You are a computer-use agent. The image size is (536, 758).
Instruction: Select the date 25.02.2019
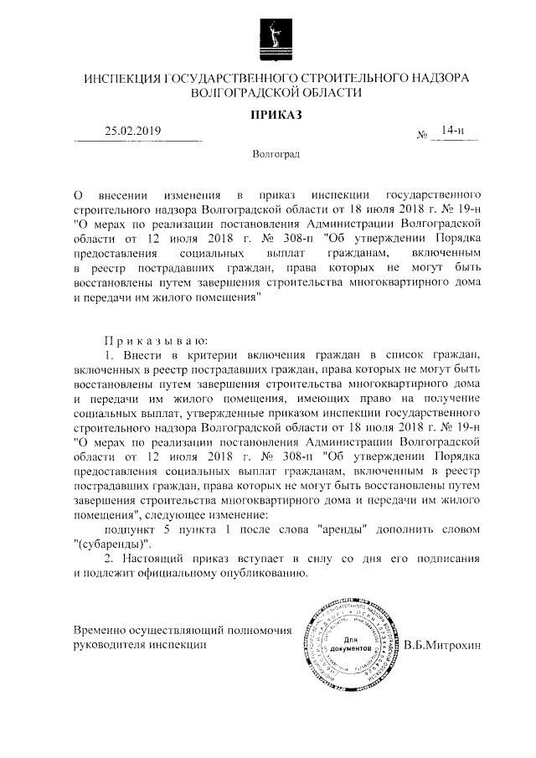(x=132, y=131)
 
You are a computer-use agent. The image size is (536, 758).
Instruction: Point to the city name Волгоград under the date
(x=276, y=155)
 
